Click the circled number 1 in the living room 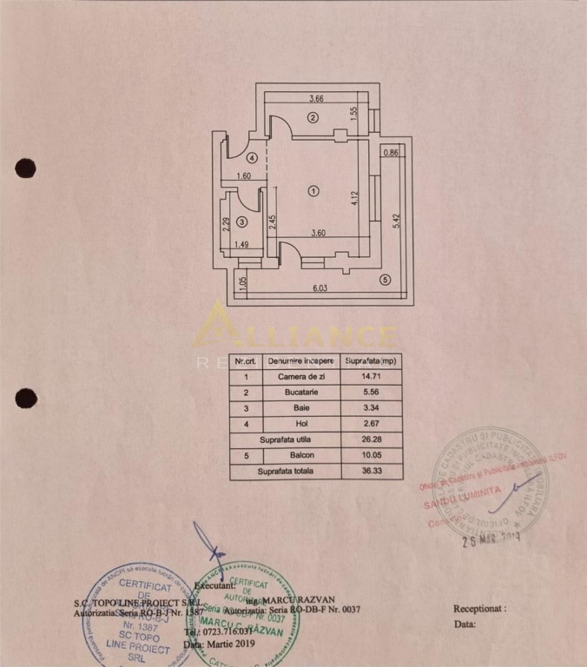coord(313,191)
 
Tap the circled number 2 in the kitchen coord(313,117)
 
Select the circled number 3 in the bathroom coord(242,222)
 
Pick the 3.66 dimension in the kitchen coord(313,100)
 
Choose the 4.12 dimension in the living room coord(354,198)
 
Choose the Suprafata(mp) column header coord(371,360)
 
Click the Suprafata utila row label coord(286,440)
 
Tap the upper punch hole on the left coord(25,168)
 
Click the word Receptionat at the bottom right coord(478,610)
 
